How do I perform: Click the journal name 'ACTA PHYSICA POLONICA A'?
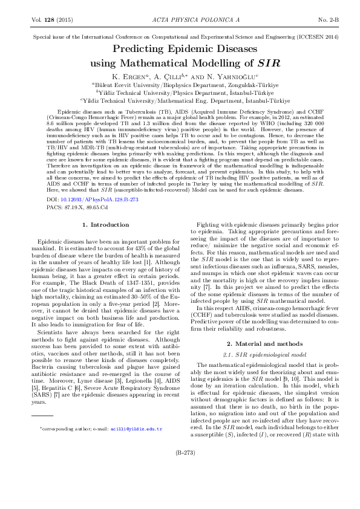pos(179,20)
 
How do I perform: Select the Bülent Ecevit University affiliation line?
pos(180,86)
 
